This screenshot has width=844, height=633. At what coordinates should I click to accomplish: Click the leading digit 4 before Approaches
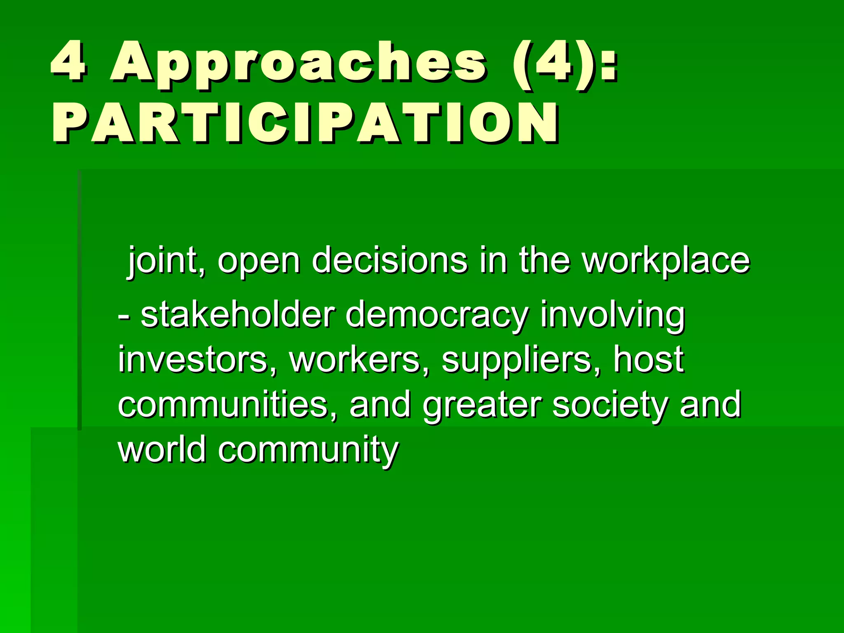coord(68,63)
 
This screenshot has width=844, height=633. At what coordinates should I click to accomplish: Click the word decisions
coord(389,260)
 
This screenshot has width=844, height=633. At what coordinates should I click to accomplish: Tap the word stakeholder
coord(237,315)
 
